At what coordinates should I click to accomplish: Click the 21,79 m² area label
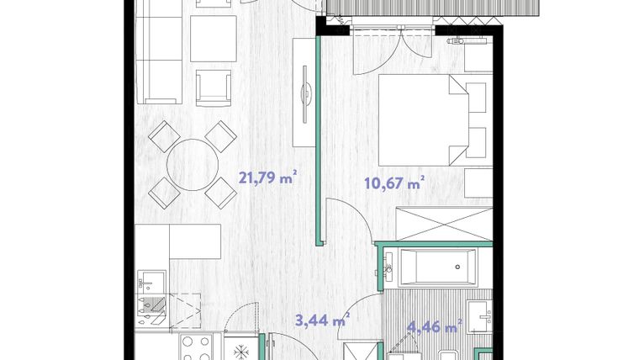[267, 178]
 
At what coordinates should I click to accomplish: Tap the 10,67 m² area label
[394, 183]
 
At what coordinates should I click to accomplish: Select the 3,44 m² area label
[322, 320]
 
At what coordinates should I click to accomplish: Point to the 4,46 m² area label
[435, 326]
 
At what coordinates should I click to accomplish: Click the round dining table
[193, 165]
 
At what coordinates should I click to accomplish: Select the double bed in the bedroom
[424, 120]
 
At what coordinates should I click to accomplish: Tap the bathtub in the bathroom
[438, 267]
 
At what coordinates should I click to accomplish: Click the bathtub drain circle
[457, 267]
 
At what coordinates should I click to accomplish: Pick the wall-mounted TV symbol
[305, 93]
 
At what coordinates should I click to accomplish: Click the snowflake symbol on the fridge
[241, 351]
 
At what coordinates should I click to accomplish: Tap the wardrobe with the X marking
[445, 224]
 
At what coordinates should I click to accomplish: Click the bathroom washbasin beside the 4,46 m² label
[479, 316]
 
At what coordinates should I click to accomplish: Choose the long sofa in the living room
[159, 51]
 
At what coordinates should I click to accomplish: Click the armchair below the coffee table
[214, 88]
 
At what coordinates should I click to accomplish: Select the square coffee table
[214, 39]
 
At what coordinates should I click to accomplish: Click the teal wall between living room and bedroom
[319, 140]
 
